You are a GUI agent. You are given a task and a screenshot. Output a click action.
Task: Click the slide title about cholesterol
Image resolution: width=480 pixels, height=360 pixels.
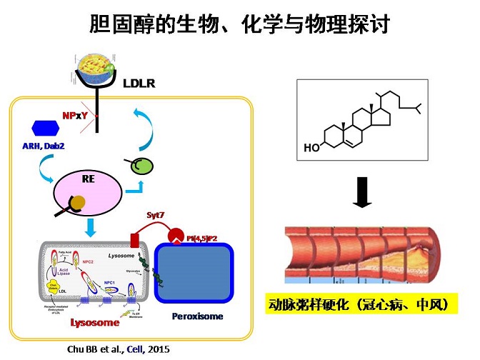point(239,24)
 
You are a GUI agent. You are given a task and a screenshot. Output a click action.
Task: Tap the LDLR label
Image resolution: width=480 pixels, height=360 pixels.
point(139,84)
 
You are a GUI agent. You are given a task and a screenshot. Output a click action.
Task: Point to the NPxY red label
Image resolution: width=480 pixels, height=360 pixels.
point(76,115)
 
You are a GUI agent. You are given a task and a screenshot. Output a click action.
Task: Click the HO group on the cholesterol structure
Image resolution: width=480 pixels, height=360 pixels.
point(311,149)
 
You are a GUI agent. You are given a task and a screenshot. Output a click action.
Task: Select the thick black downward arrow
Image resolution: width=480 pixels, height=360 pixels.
point(363,192)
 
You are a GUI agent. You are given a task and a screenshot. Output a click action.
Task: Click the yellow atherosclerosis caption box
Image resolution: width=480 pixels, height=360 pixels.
point(360,304)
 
